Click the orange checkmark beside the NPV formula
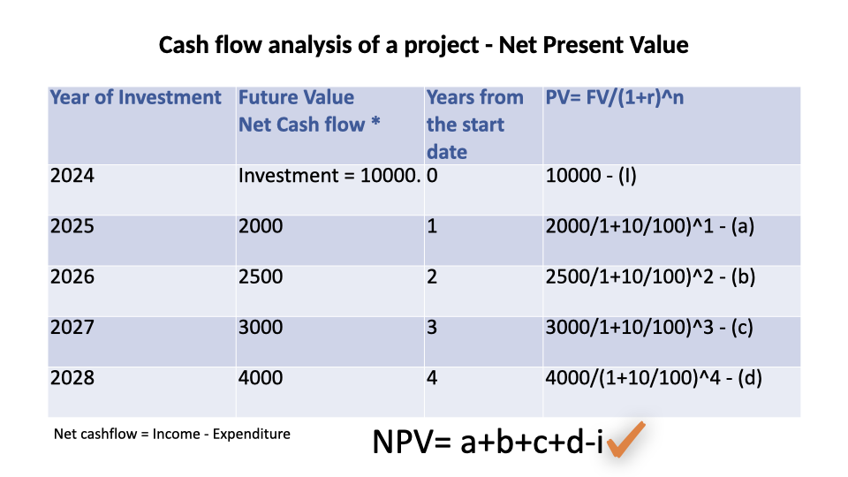click(x=626, y=439)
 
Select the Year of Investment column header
click(x=136, y=97)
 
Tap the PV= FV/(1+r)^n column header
click(x=615, y=97)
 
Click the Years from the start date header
click(x=475, y=125)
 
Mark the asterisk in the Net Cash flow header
click(x=376, y=122)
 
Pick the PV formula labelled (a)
click(x=649, y=226)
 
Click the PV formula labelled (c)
click(x=649, y=327)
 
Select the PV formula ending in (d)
click(x=654, y=377)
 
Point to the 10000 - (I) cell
click(x=591, y=175)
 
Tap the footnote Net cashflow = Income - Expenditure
click(x=172, y=434)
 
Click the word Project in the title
click(x=442, y=45)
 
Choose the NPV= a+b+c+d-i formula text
click(x=488, y=442)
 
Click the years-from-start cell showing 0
click(x=432, y=175)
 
